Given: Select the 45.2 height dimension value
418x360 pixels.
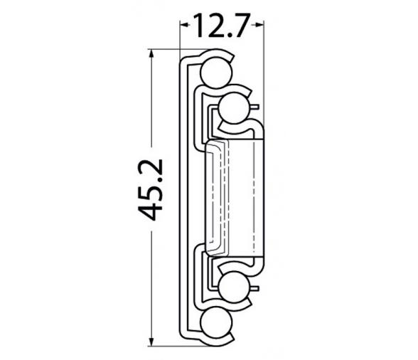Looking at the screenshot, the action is coord(151,189).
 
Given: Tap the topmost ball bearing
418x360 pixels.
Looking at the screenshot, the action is coord(216,73).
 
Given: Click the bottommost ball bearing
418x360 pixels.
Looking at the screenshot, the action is coord(216,322).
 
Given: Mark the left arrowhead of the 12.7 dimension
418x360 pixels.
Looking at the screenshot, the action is coord(185,25).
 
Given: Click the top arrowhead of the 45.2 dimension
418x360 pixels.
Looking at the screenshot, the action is coord(151,54).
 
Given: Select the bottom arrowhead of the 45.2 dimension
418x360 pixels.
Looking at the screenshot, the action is coord(151,341).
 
